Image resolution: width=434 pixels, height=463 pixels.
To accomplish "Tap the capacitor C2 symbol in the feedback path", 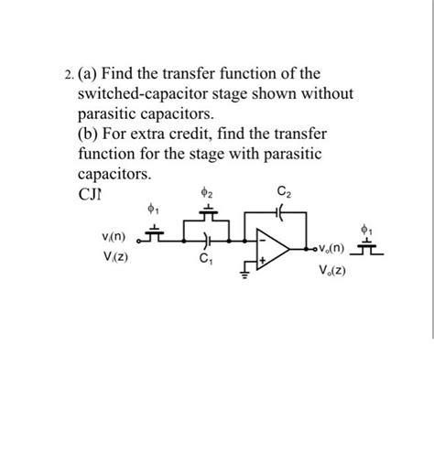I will pyautogui.click(x=280, y=210).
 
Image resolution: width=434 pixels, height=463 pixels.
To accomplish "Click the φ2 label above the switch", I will pyautogui.click(x=209, y=194).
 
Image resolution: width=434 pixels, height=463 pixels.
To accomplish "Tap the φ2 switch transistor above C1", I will pyautogui.click(x=210, y=215).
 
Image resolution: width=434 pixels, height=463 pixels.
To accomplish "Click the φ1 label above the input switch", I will pyautogui.click(x=154, y=211).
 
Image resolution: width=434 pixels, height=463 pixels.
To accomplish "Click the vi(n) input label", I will pyautogui.click(x=114, y=237).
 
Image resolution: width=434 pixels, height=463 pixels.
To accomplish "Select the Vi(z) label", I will pyautogui.click(x=114, y=256).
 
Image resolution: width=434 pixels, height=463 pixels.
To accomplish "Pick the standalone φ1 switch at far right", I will pyautogui.click(x=369, y=246).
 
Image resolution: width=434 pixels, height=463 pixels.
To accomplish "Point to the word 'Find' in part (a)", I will pyautogui.click(x=123, y=72).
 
